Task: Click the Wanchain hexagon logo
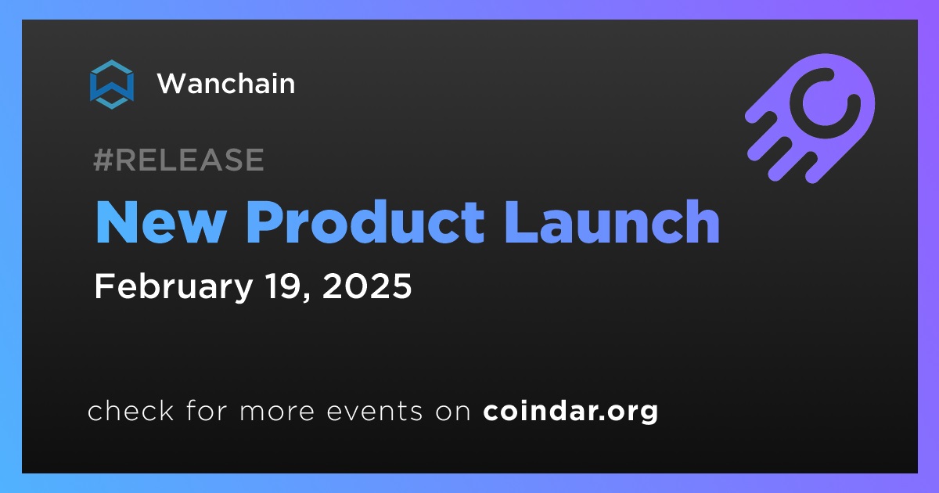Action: [112, 85]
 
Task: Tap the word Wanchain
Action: [226, 84]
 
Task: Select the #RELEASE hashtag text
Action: [179, 160]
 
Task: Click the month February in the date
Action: [174, 287]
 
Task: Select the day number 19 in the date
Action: [286, 286]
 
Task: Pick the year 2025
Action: [367, 286]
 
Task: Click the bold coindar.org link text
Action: [570, 412]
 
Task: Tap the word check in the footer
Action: [131, 410]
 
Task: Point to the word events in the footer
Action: [375, 412]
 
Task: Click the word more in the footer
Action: [277, 412]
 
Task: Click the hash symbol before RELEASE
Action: [103, 160]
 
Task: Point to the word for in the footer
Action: [207, 410]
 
